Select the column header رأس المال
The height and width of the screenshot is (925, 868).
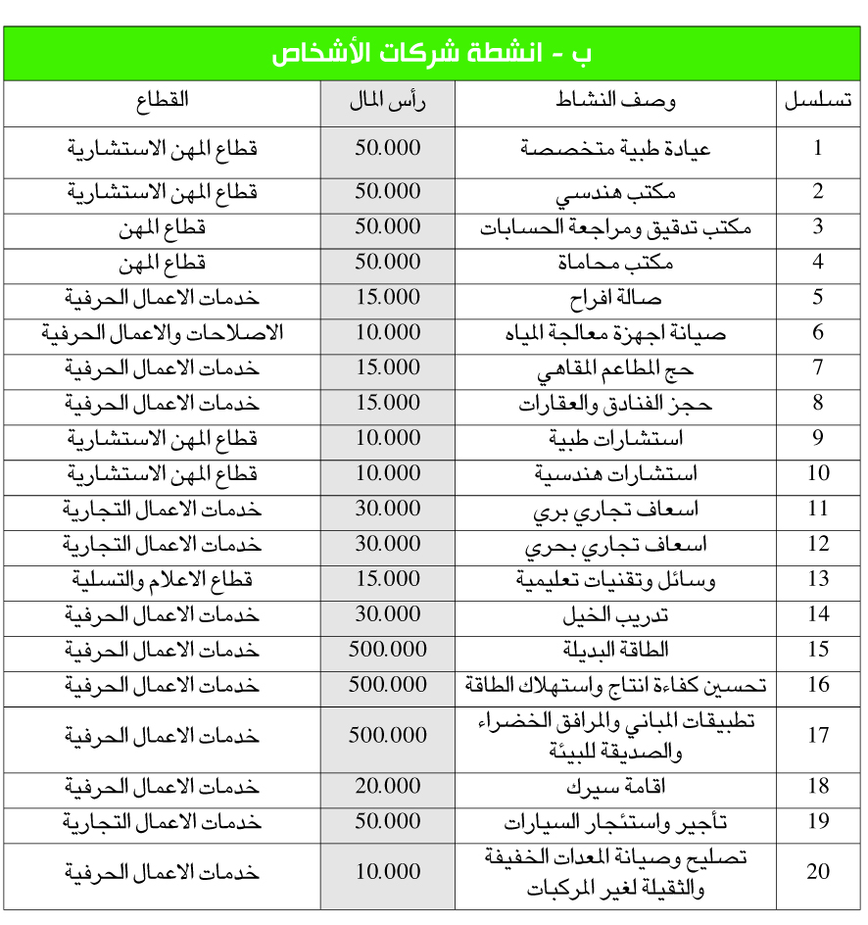388,101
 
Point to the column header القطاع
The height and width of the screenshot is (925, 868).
163,101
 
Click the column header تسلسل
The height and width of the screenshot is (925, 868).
817,101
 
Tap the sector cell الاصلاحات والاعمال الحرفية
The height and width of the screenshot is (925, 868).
163,333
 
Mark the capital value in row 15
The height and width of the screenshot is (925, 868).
388,650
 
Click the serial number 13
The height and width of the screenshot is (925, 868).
817,579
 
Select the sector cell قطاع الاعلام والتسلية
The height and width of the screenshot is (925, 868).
163,579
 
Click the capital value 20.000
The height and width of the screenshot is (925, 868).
388,787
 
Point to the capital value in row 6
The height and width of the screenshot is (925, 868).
388,333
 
